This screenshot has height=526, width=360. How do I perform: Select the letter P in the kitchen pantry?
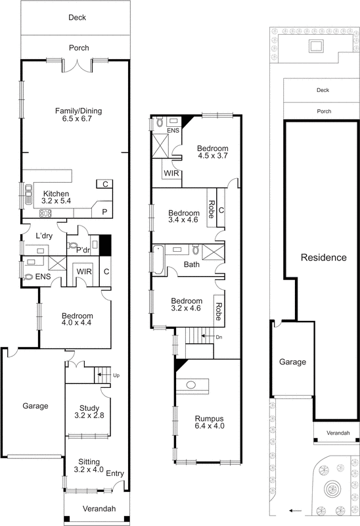click(x=104, y=211)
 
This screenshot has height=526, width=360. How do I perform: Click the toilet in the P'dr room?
click(x=73, y=243)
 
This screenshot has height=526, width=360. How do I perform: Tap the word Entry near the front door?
click(x=114, y=474)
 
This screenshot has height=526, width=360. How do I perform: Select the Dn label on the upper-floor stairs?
click(x=219, y=337)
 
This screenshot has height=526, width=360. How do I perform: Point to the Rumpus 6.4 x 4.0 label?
click(x=208, y=422)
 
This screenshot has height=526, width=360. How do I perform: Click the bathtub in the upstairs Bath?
click(x=158, y=261)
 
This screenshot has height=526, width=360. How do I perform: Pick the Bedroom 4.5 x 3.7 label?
click(x=213, y=152)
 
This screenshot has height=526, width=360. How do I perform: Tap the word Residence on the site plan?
click(x=323, y=257)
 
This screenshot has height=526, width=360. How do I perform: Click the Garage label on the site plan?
click(x=292, y=362)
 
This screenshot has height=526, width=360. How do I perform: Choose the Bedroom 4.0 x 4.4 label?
click(x=78, y=320)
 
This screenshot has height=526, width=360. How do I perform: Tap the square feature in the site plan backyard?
click(x=315, y=46)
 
